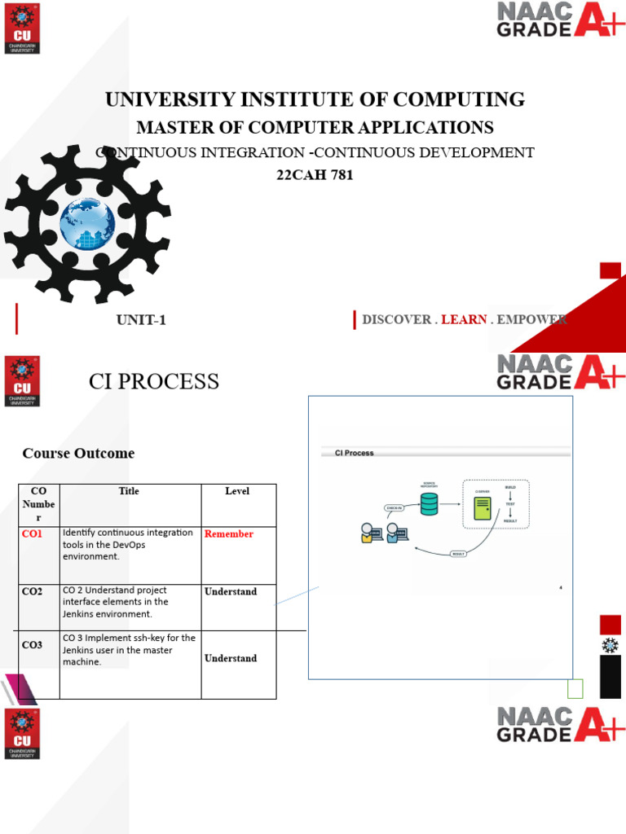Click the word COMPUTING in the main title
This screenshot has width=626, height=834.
pyautogui.click(x=458, y=100)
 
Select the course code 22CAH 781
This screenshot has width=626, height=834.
pyautogui.click(x=315, y=174)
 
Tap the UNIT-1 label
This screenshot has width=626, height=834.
pyautogui.click(x=141, y=320)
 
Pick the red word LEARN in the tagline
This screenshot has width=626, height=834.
pyautogui.click(x=464, y=320)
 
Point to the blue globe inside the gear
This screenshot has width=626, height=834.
pyautogui.click(x=87, y=223)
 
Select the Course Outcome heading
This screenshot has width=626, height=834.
pyautogui.click(x=78, y=453)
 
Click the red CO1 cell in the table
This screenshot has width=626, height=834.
pyautogui.click(x=32, y=533)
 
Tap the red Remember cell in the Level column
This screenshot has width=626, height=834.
pyautogui.click(x=229, y=534)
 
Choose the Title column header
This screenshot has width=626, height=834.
pyautogui.click(x=129, y=491)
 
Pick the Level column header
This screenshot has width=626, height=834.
pyautogui.click(x=237, y=491)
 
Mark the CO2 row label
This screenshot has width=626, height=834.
pyautogui.click(x=32, y=592)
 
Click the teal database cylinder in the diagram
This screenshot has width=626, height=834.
pyautogui.click(x=430, y=504)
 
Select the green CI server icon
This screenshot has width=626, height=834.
pyautogui.click(x=483, y=509)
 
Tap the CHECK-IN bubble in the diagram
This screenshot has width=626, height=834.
pyautogui.click(x=395, y=507)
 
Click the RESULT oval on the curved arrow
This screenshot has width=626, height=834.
pyautogui.click(x=458, y=554)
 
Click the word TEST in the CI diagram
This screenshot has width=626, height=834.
pyautogui.click(x=510, y=504)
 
